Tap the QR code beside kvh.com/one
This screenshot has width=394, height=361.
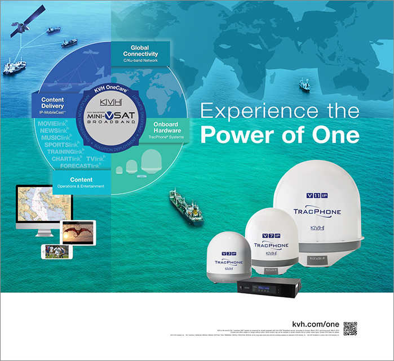(350, 328)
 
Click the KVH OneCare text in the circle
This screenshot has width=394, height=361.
(106, 90)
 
